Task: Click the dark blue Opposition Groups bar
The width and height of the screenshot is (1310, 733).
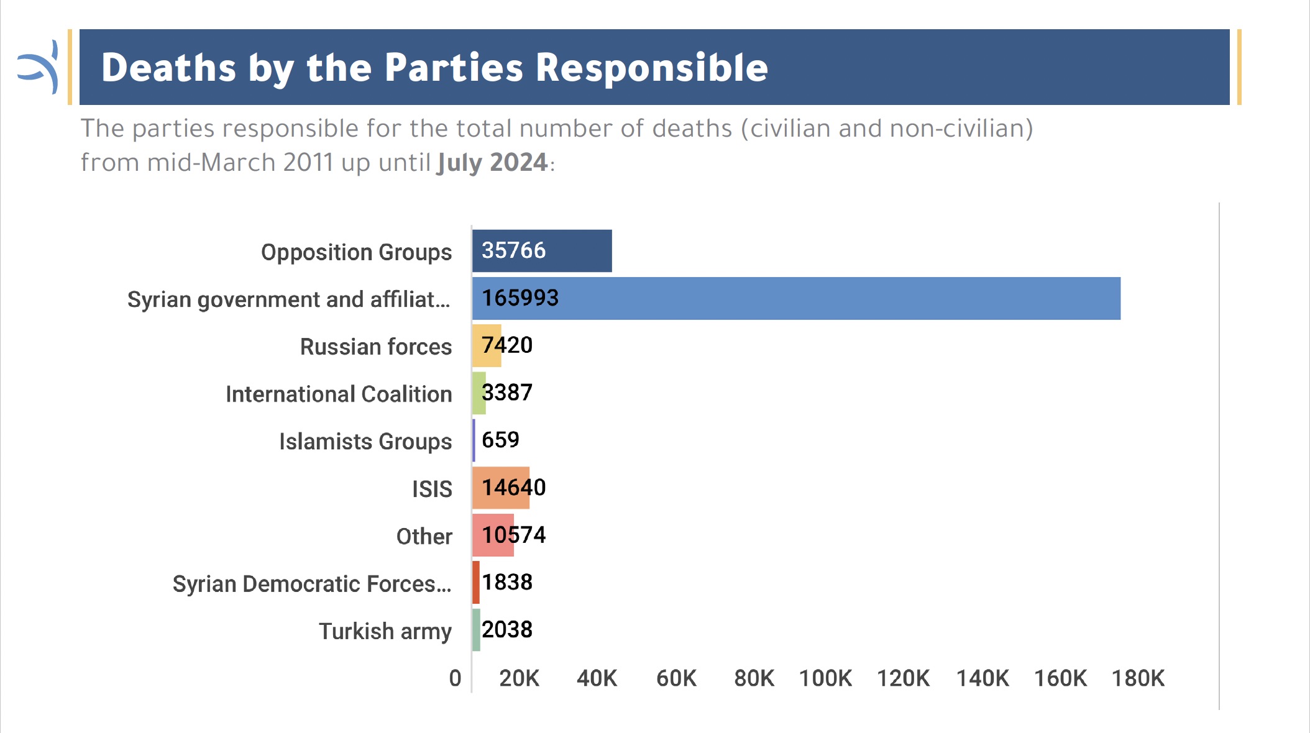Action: coord(542,251)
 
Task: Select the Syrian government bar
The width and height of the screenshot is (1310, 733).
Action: coord(796,299)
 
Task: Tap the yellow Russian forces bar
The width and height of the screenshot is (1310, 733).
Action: coord(487,346)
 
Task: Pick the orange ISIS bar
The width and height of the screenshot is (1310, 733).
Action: coord(501,488)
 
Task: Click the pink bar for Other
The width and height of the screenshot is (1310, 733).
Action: coord(493,535)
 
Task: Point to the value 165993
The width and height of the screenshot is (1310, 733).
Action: coord(520,298)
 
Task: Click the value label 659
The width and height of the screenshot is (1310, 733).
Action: coord(500,440)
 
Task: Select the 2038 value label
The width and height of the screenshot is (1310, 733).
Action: coord(507,630)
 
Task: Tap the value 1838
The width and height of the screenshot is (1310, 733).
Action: coord(507,582)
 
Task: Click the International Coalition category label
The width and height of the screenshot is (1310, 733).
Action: coord(339,394)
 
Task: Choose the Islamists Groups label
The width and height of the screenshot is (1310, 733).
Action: coord(365,442)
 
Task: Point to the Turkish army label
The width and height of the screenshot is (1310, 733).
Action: coord(385,631)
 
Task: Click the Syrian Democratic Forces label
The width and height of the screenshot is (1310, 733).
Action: coord(312,584)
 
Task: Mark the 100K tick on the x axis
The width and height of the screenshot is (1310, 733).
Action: coord(825,678)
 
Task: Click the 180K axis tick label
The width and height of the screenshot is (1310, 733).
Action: coord(1138,678)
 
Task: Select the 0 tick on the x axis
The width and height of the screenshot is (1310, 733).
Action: coord(456,678)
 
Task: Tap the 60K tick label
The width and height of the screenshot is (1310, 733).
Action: coord(676,678)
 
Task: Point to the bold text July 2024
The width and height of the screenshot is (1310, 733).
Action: coord(492,163)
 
